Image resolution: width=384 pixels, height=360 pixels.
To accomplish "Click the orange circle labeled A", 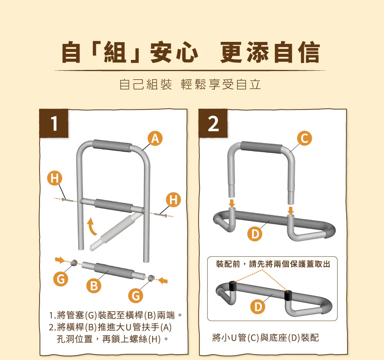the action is pos(155,138).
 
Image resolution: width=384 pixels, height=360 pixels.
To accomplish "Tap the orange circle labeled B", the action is pos(94,285).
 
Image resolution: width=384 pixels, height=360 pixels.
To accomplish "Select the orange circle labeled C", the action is pos(305,138).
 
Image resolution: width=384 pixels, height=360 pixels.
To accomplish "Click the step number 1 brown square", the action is pos(54,123).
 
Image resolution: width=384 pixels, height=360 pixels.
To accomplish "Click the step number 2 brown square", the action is pos(213,123).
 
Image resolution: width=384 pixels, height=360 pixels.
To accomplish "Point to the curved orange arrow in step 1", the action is pos(91,227).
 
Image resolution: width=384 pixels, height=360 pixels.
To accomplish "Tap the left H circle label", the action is pos(55,178).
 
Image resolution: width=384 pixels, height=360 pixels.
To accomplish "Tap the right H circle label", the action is pos(174,199).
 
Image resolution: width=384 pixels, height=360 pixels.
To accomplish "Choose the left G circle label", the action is pos(61,279).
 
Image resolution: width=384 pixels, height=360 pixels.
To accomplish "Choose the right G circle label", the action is pos(136,296).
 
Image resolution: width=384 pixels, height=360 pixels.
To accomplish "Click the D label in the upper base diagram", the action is pos(255,234).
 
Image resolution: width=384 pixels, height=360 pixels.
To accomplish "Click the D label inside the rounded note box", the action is pos(258,306).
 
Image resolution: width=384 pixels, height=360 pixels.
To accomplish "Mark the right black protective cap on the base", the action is pos(288,295).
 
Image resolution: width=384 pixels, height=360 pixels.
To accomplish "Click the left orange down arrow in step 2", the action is pos(232,203).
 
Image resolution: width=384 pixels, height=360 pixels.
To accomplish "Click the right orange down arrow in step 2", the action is pos(291,210).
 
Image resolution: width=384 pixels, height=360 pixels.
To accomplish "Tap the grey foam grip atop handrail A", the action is pos(112,146).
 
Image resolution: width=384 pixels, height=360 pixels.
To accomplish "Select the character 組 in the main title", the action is pos(115,52).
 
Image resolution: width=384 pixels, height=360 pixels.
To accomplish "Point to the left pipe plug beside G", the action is pos(73,263).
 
